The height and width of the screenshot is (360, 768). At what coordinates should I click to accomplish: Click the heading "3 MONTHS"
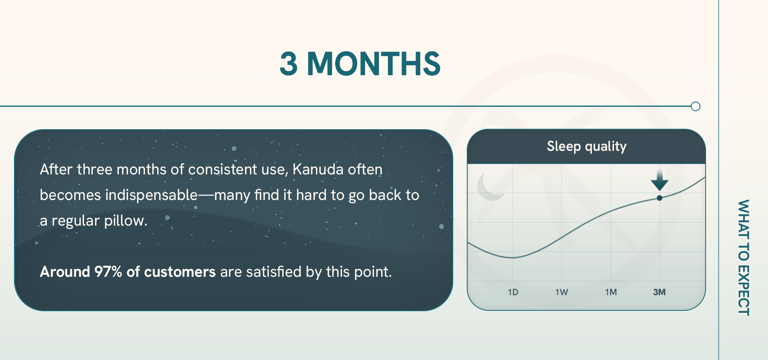tap(360, 64)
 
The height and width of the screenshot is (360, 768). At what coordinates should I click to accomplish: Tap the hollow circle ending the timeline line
tap(696, 106)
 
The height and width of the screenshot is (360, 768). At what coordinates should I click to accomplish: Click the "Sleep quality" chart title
tap(586, 146)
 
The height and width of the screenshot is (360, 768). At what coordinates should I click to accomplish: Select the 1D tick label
tap(513, 292)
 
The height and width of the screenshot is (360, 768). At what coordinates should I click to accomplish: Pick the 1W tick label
tap(562, 292)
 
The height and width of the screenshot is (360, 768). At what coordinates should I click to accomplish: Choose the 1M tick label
tap(611, 292)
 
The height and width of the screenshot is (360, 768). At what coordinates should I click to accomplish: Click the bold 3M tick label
tap(659, 292)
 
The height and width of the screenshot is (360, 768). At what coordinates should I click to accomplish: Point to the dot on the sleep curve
tap(660, 198)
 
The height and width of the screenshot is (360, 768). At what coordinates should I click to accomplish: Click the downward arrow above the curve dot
tap(660, 181)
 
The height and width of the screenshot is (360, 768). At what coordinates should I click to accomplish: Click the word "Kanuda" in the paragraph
tap(318, 170)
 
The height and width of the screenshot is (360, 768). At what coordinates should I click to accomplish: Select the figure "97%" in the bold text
tap(108, 272)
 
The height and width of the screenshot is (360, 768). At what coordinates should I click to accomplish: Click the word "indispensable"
tap(152, 195)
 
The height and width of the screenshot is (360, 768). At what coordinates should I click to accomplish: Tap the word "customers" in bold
tap(180, 272)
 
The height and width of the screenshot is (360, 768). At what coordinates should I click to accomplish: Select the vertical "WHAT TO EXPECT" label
tap(743, 258)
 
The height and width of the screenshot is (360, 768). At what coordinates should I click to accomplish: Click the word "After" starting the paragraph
tap(56, 170)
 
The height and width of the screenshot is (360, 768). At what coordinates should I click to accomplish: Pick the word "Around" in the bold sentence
tap(65, 272)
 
